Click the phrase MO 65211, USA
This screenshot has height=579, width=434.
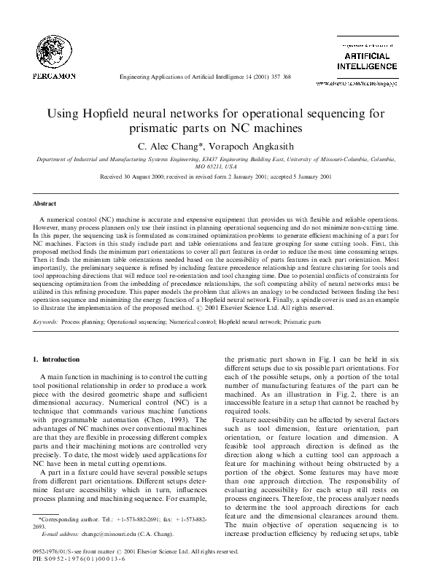(x=216, y=166)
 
